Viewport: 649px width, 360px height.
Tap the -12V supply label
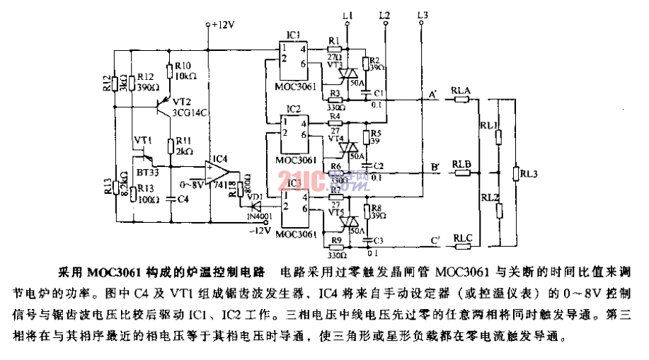[x=263, y=230]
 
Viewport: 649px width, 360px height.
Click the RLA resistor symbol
[x=461, y=100]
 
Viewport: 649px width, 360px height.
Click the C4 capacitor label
[x=183, y=199]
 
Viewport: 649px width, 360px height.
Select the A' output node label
[x=432, y=92]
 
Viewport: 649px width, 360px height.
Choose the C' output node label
[x=434, y=241]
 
